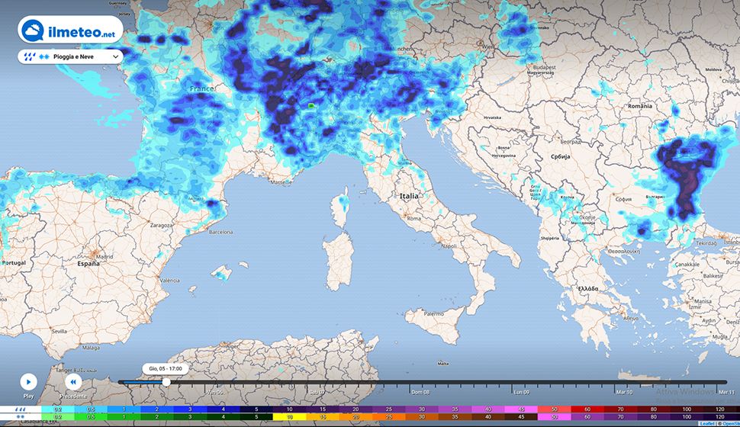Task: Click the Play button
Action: [x=28, y=381]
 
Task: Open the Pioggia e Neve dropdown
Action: [x=70, y=56]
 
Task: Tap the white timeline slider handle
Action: [x=166, y=382]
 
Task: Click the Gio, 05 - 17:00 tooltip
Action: [x=166, y=368]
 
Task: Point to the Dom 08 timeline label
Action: [x=420, y=392]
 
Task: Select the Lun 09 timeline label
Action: [x=522, y=392]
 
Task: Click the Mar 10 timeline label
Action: [x=624, y=392]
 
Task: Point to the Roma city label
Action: [x=414, y=219]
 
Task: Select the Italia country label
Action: [x=409, y=196]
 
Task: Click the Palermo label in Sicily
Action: [x=433, y=313]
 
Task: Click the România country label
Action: [x=639, y=106]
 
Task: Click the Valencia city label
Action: [x=169, y=281]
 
